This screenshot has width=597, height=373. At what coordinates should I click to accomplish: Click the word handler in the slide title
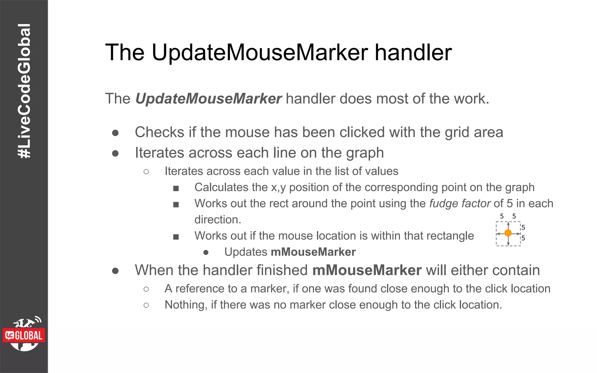tap(413, 53)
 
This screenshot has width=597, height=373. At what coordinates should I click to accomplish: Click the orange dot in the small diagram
tap(508, 233)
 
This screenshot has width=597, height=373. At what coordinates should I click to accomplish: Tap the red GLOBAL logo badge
tap(24, 335)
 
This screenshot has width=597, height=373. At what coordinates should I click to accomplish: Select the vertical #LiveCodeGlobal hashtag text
tap(24, 91)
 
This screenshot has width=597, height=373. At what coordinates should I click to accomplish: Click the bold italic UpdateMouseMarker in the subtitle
tap(208, 98)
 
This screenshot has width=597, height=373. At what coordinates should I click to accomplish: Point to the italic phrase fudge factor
tap(460, 203)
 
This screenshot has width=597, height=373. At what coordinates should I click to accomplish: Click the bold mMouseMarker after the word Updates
tap(313, 252)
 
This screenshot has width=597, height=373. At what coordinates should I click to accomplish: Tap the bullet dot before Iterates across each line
tap(115, 153)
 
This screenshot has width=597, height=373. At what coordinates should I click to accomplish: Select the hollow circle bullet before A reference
tap(146, 289)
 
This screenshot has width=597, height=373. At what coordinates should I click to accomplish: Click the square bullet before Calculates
tap(176, 189)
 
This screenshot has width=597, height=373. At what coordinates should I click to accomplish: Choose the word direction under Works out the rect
tap(217, 220)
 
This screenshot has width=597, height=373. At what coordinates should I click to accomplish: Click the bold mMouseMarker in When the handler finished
tap(367, 270)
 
